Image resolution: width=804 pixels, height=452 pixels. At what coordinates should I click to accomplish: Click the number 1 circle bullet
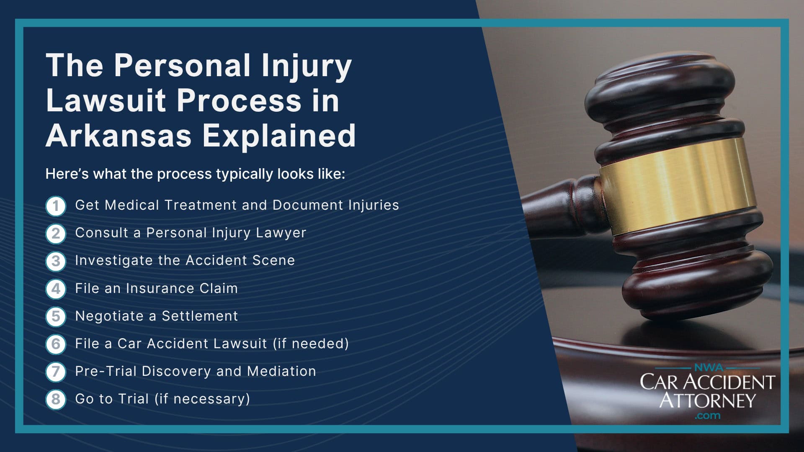click(x=56, y=206)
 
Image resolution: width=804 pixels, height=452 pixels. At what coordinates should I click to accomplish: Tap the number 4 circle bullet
click(x=56, y=289)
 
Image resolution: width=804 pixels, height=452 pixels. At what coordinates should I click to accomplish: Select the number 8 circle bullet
click(x=56, y=399)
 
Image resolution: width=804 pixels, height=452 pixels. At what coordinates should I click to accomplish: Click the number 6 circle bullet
click(x=56, y=344)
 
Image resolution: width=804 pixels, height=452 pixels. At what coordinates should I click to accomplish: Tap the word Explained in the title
click(x=279, y=136)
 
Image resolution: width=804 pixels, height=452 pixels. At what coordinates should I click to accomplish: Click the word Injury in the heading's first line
click(x=306, y=66)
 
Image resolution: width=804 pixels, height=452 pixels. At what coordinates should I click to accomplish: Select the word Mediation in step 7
click(x=281, y=371)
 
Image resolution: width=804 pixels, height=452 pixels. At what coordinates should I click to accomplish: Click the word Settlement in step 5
click(x=200, y=316)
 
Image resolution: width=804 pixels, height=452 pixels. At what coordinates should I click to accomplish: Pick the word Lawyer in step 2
click(x=281, y=233)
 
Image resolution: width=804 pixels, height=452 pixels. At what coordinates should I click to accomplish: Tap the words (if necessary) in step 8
click(x=202, y=399)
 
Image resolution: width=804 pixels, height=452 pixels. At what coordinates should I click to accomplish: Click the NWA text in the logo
click(x=708, y=368)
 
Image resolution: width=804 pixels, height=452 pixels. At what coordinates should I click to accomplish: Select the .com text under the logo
click(x=707, y=416)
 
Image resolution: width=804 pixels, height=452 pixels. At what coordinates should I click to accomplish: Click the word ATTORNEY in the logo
click(x=707, y=400)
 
